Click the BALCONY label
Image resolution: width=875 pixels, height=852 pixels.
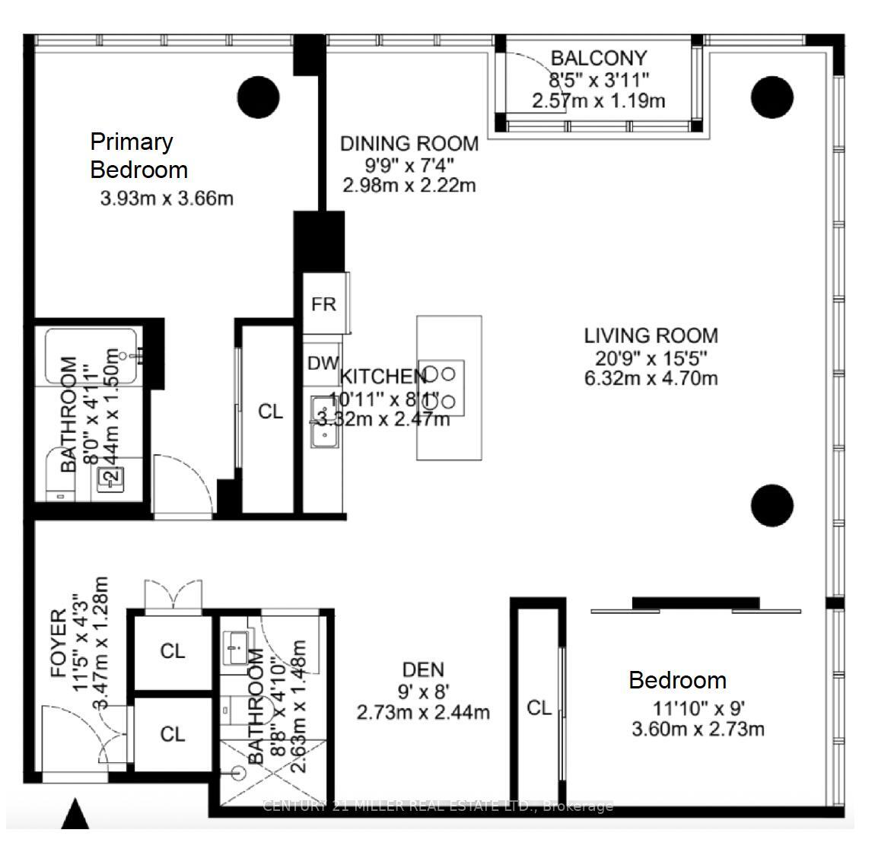click(598, 58)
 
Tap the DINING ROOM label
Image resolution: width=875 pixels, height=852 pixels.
click(409, 143)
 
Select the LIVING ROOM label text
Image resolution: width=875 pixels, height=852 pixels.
click(651, 335)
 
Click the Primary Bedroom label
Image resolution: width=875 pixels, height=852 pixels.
click(138, 155)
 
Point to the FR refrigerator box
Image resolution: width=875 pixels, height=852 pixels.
click(324, 304)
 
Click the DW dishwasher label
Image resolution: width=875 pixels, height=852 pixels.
click(323, 364)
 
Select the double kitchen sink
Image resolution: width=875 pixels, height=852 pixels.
click(325, 422)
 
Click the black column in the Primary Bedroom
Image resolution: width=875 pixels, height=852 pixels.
click(259, 97)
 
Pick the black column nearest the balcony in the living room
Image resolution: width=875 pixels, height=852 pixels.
click(772, 97)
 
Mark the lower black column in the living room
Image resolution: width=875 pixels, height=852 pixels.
click(772, 504)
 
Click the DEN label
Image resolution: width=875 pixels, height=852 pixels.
click(423, 669)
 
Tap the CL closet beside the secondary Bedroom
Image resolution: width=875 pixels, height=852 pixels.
click(539, 708)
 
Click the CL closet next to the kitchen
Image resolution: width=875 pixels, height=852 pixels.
click(270, 412)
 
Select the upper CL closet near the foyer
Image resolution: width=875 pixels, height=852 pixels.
click(173, 651)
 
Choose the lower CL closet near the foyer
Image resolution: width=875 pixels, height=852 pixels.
click(173, 734)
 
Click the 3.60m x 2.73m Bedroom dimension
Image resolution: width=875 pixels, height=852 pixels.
click(698, 729)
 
